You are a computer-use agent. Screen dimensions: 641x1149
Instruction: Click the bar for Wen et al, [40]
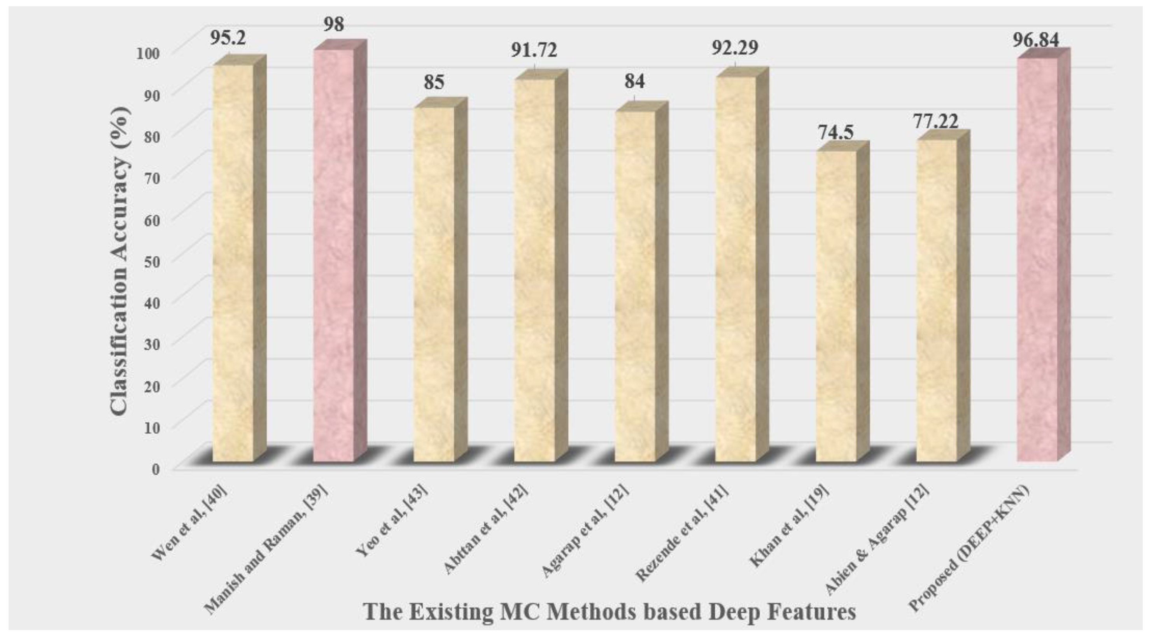(x=233, y=263)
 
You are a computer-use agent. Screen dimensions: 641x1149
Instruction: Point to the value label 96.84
(x=1035, y=40)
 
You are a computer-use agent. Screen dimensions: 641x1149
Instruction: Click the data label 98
(x=334, y=24)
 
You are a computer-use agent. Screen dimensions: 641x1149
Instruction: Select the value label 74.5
(x=835, y=133)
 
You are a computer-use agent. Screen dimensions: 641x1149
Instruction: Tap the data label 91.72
(x=534, y=51)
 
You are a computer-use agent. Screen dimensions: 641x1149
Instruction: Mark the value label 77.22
(x=935, y=121)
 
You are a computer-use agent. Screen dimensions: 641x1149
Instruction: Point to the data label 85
(x=434, y=82)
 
